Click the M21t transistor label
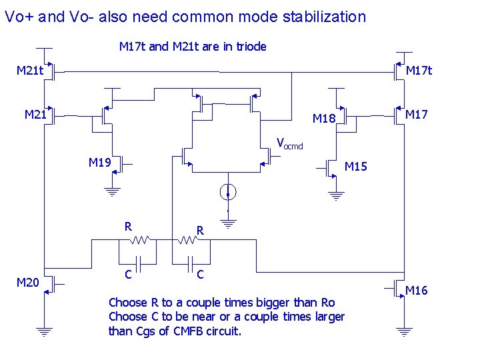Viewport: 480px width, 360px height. pyautogui.click(x=30, y=70)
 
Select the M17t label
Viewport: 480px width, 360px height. pyautogui.click(x=419, y=70)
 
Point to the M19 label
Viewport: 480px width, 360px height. pyautogui.click(x=99, y=162)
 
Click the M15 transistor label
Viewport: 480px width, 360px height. pyautogui.click(x=355, y=166)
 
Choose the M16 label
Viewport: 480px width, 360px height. pyautogui.click(x=417, y=290)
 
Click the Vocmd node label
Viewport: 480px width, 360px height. pyautogui.click(x=289, y=143)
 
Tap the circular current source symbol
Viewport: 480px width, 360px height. pyautogui.click(x=228, y=193)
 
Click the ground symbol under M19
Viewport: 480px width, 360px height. pyautogui.click(x=113, y=191)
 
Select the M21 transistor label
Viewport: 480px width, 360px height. pyautogui.click(x=35, y=115)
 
